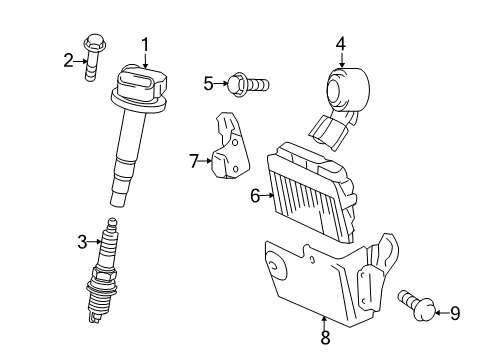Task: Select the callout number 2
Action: pos(69,61)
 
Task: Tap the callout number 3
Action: pos(83,239)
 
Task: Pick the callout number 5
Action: pos(207,84)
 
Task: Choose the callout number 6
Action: pos(255,196)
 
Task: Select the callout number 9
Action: pos(455,314)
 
